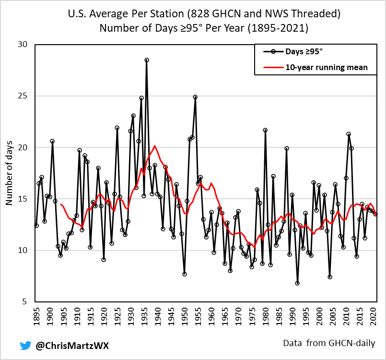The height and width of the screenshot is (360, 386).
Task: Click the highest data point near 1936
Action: [x=147, y=60]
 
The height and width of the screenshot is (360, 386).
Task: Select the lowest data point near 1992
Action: [x=297, y=283]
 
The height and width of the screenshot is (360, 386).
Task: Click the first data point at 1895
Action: [x=36, y=226]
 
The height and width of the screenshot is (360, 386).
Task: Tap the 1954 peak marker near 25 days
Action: [x=195, y=97]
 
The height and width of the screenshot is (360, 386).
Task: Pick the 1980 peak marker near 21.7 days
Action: [x=265, y=130]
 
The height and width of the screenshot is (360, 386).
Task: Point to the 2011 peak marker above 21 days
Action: [x=349, y=134]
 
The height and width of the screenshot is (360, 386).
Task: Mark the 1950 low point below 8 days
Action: [x=185, y=274]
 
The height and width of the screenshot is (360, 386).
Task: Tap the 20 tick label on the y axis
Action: [x=23, y=147]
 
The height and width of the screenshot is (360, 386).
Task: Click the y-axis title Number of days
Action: [x=9, y=173]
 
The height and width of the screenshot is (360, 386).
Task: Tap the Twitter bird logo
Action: [x=25, y=345]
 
